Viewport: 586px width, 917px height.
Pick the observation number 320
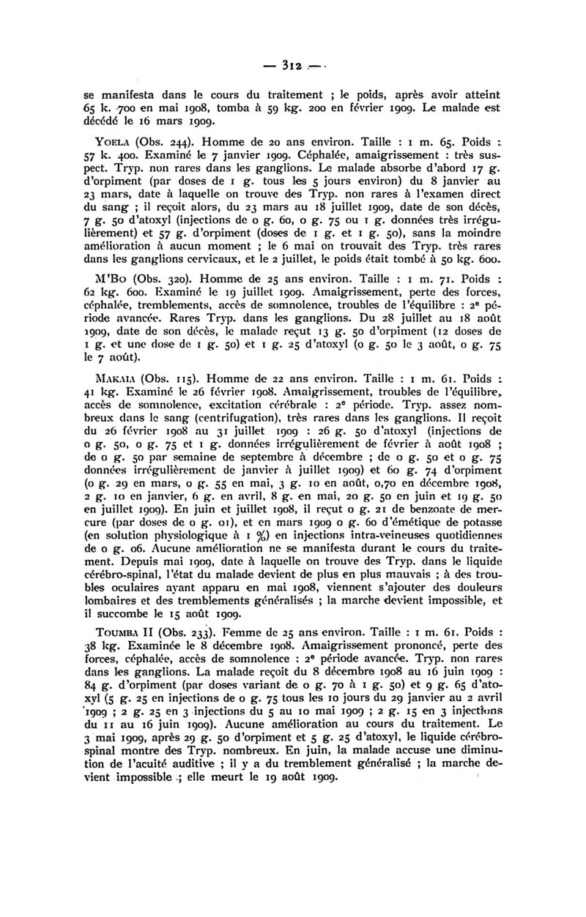point(161,279)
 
